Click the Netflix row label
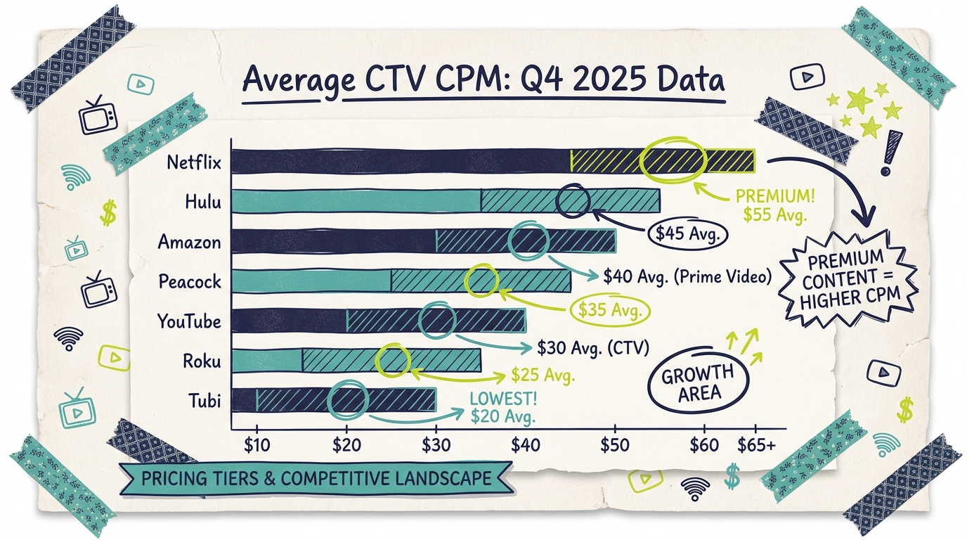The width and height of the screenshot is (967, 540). point(194,162)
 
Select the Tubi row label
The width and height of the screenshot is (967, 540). point(205,401)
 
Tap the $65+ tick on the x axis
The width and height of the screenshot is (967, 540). point(755,444)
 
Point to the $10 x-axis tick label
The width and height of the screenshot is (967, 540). point(257,444)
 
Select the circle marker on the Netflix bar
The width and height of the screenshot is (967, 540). point(673,160)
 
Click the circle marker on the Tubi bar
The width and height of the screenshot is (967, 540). point(349,400)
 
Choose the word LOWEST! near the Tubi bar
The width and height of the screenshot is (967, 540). point(502,399)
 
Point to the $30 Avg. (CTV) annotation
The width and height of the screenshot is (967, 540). point(592,347)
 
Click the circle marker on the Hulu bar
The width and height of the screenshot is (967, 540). point(573,201)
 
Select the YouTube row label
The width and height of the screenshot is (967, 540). point(189,322)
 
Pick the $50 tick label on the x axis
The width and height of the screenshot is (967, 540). point(614,444)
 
